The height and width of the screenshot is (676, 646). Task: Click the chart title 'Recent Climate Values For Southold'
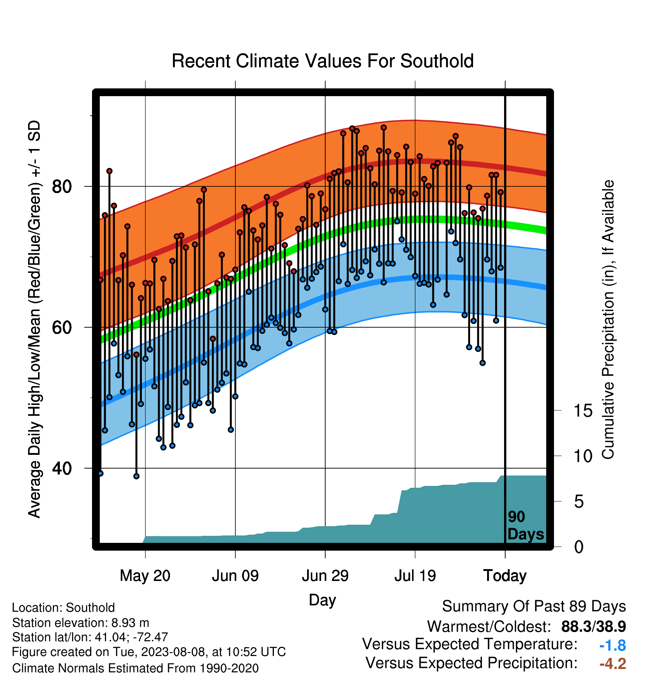(323, 61)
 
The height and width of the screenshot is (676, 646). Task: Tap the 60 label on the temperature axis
(62, 327)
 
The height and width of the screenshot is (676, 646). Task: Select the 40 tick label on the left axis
(62, 468)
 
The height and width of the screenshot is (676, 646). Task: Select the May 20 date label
(145, 576)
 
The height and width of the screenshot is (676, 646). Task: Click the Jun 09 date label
(235, 576)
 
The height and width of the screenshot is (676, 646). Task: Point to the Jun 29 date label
(325, 576)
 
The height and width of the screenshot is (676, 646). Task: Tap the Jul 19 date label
(415, 576)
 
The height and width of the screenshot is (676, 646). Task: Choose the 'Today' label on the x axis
(505, 576)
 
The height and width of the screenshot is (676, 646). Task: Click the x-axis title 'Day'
(323, 600)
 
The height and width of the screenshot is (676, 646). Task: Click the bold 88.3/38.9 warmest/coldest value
(594, 627)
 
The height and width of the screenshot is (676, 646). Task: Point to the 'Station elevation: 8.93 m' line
(81, 623)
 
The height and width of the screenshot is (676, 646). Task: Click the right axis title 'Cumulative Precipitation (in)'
(608, 320)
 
